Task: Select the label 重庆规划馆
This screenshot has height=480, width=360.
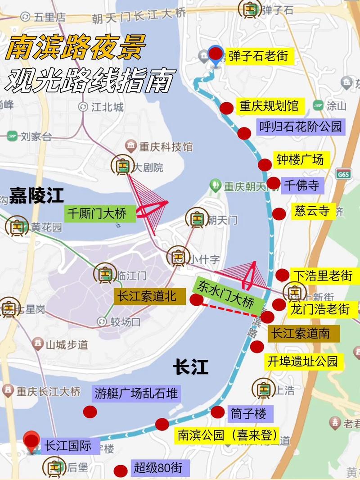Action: (269, 106)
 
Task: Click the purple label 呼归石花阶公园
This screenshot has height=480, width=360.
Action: (300, 127)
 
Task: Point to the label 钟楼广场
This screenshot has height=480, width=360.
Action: (300, 160)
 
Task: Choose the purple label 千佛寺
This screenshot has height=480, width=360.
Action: (302, 185)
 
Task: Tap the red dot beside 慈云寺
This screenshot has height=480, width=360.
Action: (279, 213)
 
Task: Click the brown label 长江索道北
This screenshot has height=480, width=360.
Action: (150, 296)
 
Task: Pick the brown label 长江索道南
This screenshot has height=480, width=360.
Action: (304, 334)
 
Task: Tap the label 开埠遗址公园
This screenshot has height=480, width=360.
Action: (302, 361)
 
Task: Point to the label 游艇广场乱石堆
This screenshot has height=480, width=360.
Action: (136, 394)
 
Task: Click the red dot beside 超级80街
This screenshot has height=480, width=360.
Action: (120, 471)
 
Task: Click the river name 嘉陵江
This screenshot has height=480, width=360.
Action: (36, 196)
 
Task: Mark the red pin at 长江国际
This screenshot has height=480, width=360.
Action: (31, 441)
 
